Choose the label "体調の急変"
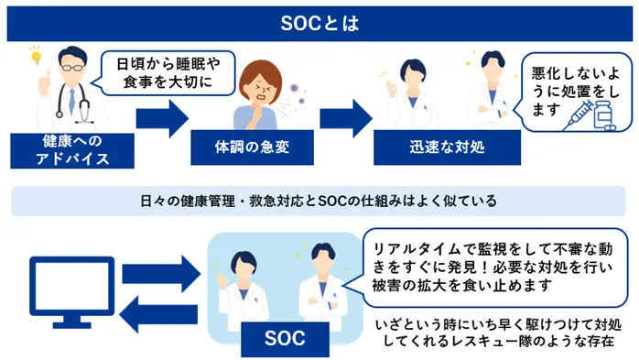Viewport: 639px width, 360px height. click(x=251, y=147)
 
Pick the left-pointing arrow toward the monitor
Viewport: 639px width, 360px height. click(x=159, y=315)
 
